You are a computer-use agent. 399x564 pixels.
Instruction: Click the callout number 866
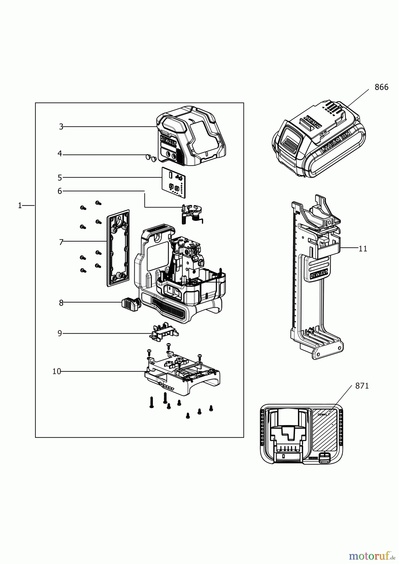381,87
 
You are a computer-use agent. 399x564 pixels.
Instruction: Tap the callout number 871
362,386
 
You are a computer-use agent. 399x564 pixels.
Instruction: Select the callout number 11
363,249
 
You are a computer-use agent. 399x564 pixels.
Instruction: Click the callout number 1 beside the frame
20,206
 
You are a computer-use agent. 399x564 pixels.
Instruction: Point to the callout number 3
61,127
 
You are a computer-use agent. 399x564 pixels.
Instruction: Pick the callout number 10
56,372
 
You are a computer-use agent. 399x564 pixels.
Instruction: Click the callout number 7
61,242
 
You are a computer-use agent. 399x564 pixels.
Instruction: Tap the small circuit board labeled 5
173,183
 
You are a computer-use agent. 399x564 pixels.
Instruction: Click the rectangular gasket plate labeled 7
118,248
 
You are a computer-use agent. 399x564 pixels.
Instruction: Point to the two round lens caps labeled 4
151,158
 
